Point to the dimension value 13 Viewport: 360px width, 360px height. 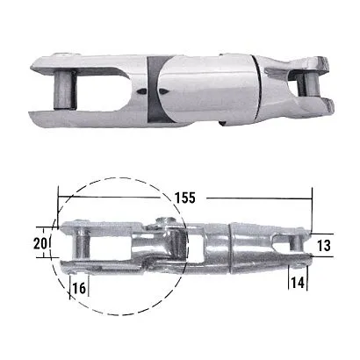324,245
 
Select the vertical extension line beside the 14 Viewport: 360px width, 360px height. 309,272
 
